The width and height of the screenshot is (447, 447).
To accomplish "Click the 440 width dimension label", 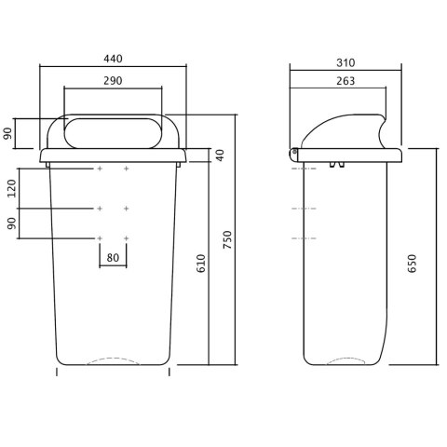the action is pos(113,59).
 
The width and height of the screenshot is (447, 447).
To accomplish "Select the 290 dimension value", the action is pos(113,81).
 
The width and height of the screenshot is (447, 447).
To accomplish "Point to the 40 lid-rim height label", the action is pos(220,156).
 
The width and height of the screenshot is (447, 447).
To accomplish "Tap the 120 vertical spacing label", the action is pos(11,188).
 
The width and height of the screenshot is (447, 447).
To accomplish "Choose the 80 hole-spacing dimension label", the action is pos(113,258).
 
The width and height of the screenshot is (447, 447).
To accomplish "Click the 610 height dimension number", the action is pos(201,264).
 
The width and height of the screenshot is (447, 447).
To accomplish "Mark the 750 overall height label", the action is pos(227,239).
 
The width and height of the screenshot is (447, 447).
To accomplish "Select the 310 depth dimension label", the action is pos(345,63).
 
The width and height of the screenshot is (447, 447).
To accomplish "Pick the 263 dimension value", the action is pos(345,81).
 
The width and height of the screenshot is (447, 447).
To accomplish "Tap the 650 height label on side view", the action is pos(412,264).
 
